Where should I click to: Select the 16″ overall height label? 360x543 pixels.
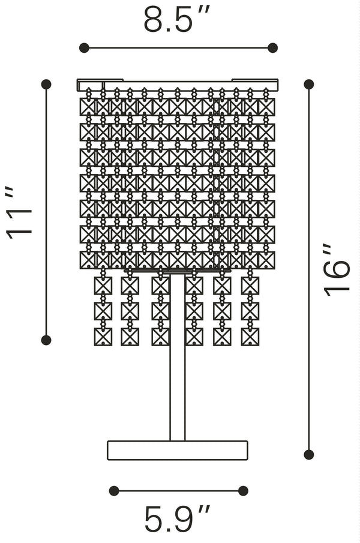337,269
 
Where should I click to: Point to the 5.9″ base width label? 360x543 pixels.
178,520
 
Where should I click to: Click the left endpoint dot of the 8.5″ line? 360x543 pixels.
84,48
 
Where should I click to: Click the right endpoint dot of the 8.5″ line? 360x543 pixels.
272,48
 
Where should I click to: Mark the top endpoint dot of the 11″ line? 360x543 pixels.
46,84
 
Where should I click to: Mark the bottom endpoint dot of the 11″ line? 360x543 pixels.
46,340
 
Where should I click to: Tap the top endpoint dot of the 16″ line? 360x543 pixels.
309,84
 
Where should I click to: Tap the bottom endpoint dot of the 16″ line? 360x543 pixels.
309,455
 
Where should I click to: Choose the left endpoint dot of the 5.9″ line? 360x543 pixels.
114,491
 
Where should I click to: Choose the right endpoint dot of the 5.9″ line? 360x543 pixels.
243,491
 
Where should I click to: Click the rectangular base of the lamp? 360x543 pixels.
178,451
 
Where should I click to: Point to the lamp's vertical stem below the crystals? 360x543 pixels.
178,390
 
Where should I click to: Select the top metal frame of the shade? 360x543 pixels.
178,85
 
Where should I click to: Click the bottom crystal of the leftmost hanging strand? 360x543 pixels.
103,337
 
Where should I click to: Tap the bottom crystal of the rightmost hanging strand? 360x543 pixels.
250,337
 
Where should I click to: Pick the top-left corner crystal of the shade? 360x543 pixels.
88,107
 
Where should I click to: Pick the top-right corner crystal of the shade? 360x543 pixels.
266,107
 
